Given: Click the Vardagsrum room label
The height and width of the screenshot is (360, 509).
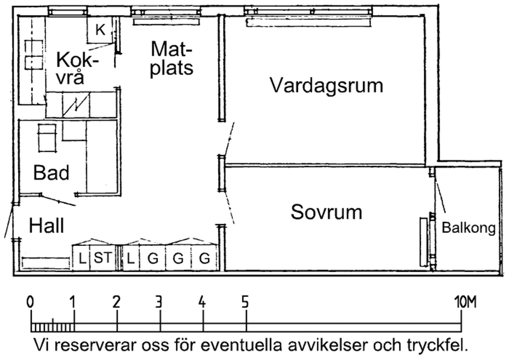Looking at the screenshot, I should pyautogui.click(x=326, y=86).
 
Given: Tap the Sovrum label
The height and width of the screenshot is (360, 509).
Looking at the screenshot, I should pyautogui.click(x=326, y=212).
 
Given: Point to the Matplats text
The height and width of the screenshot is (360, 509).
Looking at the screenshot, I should pyautogui.click(x=171, y=58).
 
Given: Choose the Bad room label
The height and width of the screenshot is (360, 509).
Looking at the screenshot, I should pyautogui.click(x=51, y=173).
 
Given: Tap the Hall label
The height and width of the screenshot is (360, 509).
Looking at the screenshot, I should pyautogui.click(x=47, y=226).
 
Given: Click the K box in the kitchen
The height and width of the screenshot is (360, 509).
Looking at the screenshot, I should pyautogui.click(x=100, y=31).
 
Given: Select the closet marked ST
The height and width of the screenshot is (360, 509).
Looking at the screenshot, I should pyautogui.click(x=103, y=259).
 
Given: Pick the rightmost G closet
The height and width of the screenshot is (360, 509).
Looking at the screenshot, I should pyautogui.click(x=204, y=259).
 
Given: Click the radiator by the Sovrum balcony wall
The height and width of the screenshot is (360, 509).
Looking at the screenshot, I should pyautogui.click(x=423, y=241).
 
